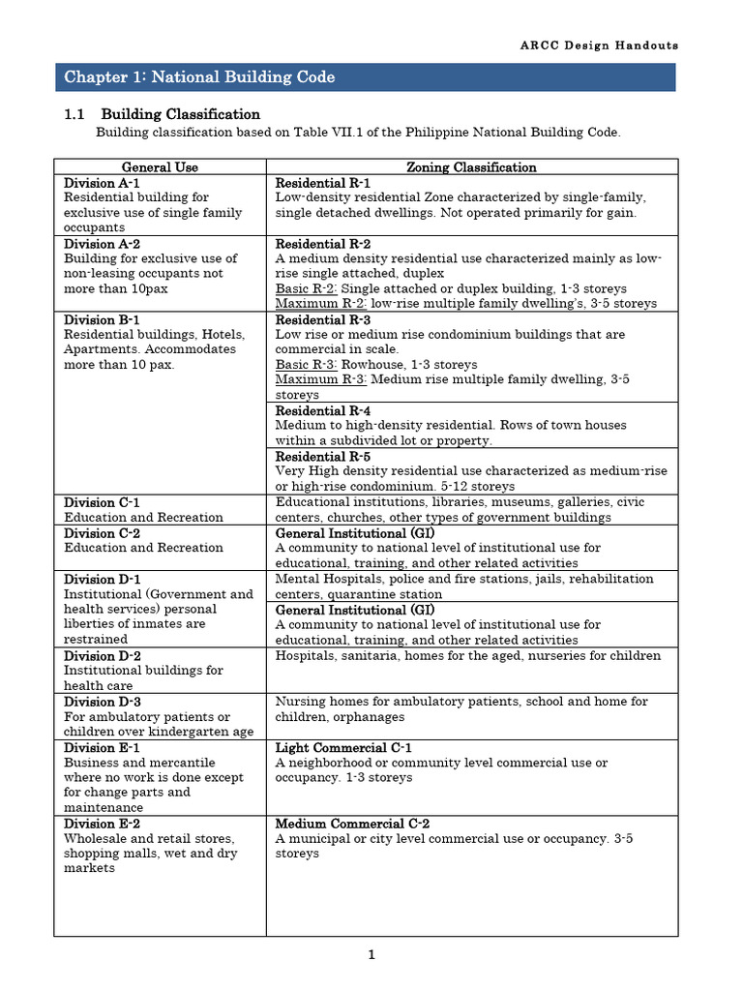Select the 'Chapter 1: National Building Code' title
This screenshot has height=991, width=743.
pos(199,76)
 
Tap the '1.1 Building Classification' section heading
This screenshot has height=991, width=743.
pos(162,114)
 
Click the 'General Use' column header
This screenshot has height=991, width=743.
pos(160,167)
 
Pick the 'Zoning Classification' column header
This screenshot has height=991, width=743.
pos(471,167)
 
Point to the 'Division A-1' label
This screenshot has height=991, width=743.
pos(102,183)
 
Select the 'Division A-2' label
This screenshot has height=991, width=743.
pos(102,244)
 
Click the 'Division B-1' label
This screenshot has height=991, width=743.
pos(102,319)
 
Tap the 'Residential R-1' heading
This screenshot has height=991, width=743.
pos(323,183)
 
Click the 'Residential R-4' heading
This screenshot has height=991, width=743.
pos(323,410)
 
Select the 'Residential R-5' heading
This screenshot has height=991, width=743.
pos(323,456)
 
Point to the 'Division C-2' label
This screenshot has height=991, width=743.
pos(102,533)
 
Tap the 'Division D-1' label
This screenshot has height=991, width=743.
pos(102,580)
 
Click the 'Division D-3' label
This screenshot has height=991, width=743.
pos(102,702)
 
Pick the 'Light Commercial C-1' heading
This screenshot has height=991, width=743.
pos(343,748)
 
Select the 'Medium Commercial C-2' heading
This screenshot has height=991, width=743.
pos(352,824)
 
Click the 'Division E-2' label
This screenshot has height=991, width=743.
pos(102,824)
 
